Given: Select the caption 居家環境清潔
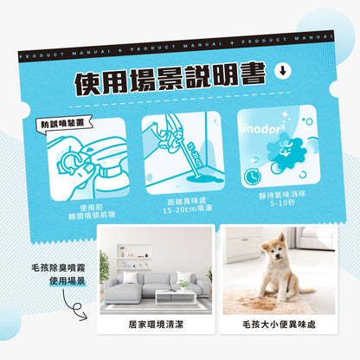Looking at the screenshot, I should click(x=157, y=329).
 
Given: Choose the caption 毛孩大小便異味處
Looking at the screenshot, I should click(x=276, y=329).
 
